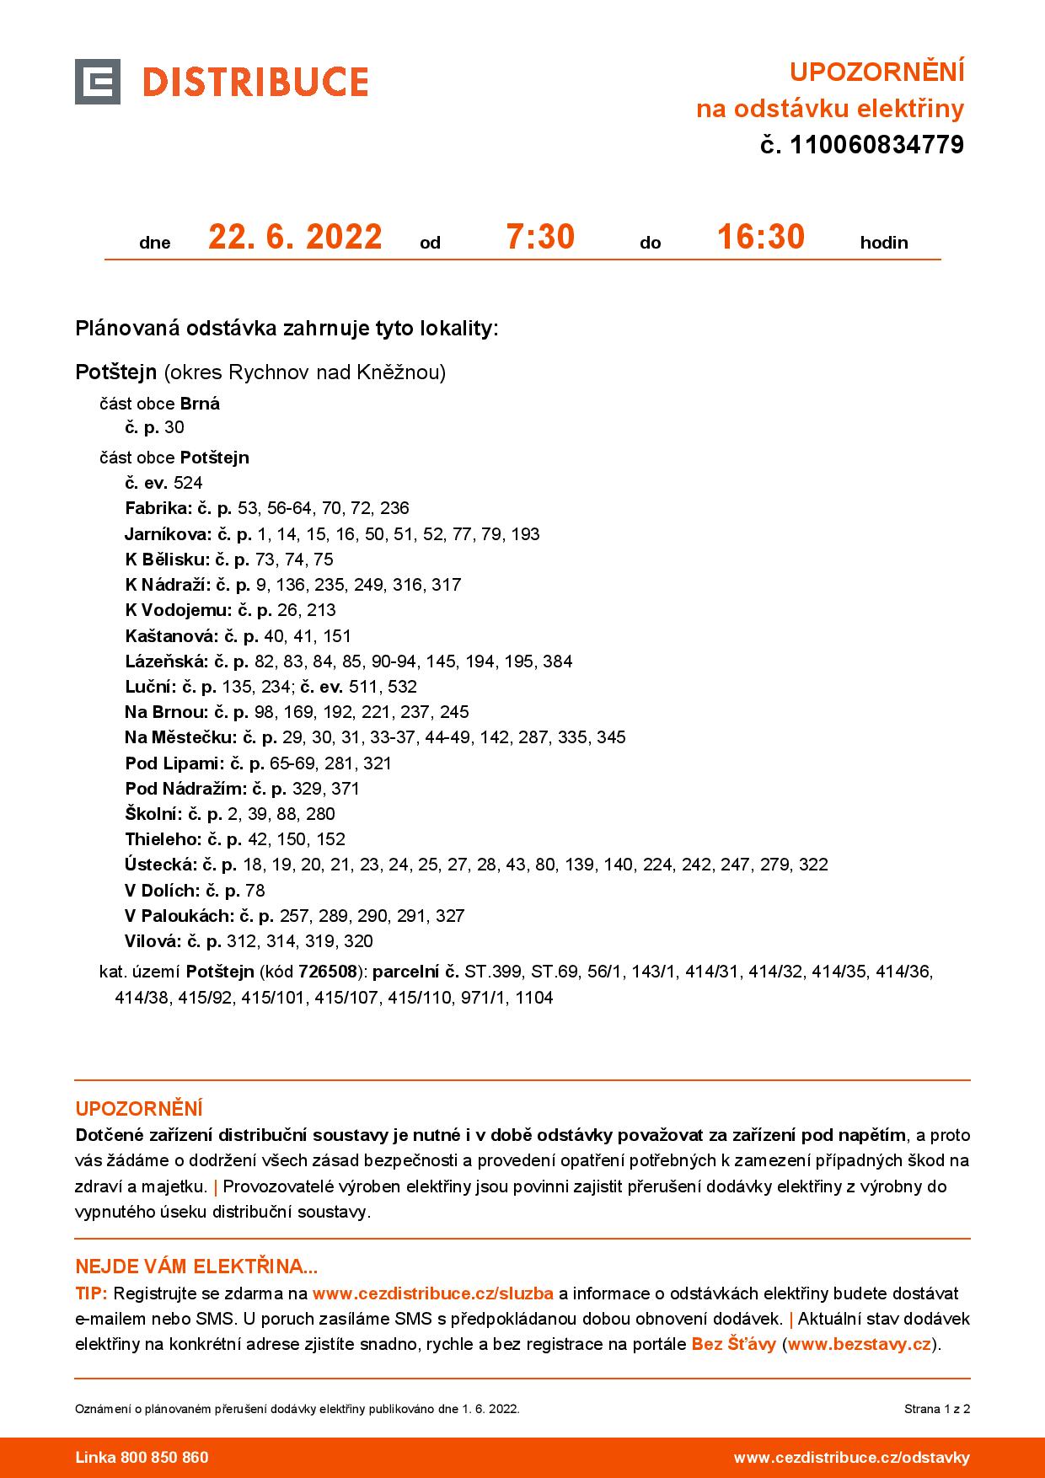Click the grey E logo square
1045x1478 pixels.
point(98,82)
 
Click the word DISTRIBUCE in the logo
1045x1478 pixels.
point(255,83)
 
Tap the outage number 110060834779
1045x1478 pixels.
point(875,146)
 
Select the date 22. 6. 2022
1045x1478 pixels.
point(295,238)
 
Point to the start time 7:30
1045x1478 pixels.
point(539,238)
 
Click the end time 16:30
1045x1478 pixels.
point(760,238)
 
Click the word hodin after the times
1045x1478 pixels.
point(883,243)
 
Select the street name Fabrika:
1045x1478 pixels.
point(158,508)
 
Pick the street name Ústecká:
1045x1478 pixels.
point(160,865)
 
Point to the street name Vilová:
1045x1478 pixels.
point(153,941)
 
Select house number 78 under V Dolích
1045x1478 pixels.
point(255,891)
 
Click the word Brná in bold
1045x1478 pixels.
point(200,404)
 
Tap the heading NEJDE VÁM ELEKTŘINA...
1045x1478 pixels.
point(196,1266)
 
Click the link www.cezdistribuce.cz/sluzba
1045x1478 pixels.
point(432,1293)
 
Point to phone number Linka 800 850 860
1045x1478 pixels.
point(142,1457)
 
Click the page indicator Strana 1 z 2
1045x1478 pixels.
point(937,1408)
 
